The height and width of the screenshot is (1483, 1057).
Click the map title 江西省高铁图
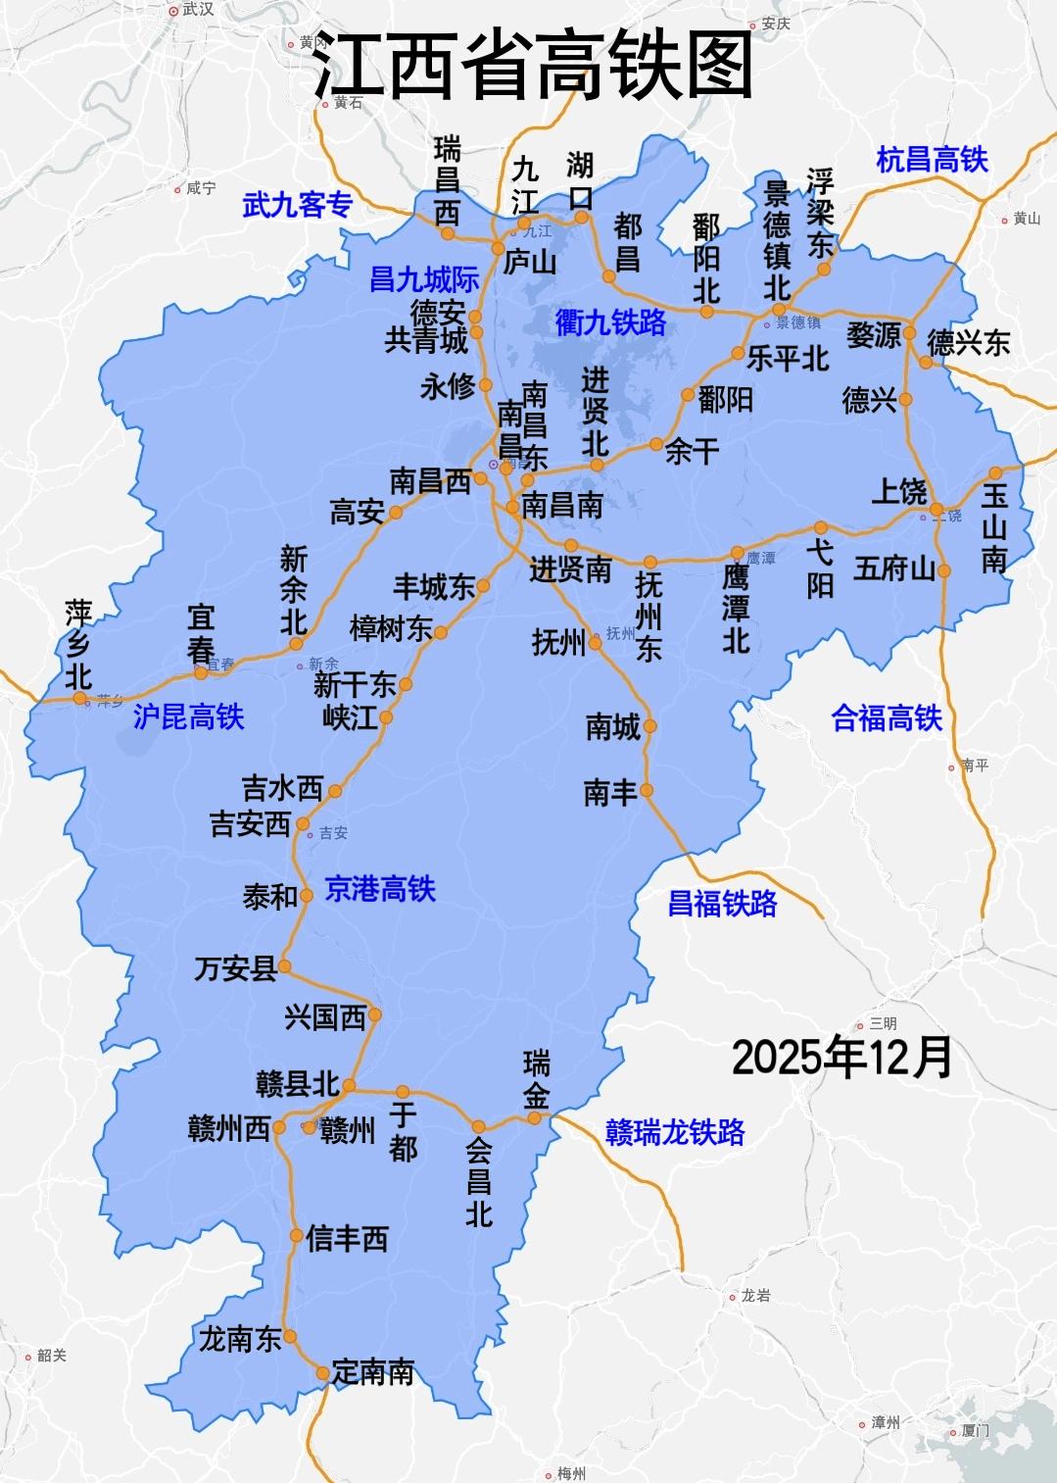[x=533, y=66]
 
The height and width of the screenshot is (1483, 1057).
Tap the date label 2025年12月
[x=841, y=1058]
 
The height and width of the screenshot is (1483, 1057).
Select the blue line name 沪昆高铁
[x=188, y=717]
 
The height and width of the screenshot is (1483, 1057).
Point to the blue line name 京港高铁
[x=379, y=889]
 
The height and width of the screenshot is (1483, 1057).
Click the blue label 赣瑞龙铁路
[x=675, y=1132]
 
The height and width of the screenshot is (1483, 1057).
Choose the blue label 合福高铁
[x=886, y=718]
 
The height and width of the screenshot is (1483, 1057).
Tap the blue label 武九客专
[x=297, y=205]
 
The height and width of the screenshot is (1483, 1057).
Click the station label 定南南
[x=373, y=1372]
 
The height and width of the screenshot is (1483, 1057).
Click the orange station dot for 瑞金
[x=535, y=1117]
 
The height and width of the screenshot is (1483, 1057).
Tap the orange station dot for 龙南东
[x=290, y=1336]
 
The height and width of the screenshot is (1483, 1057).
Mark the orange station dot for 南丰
[x=647, y=790]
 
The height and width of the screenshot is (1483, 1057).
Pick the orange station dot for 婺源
[x=909, y=333]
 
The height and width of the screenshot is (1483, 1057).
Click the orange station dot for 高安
[x=396, y=512]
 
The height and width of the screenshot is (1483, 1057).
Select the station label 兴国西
[x=325, y=1017]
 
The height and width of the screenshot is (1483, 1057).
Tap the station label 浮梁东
[x=821, y=213]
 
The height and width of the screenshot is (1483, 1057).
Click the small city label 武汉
[x=197, y=10]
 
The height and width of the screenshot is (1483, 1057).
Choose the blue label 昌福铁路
[x=722, y=904]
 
